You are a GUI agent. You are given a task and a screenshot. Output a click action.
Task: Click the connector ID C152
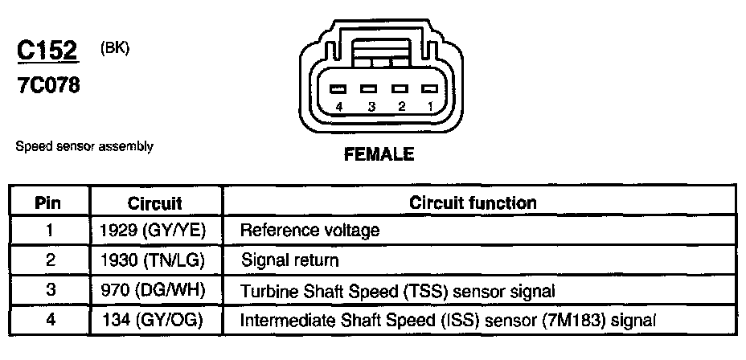47,51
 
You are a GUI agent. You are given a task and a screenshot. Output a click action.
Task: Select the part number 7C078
48,85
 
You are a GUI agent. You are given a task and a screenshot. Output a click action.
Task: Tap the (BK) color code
115,48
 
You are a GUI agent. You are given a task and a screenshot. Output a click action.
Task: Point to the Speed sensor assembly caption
84,147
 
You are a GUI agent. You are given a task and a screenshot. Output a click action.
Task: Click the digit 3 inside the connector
371,106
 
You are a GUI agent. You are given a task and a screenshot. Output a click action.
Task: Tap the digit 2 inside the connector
400,106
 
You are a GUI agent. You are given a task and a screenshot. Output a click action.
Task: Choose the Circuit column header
155,203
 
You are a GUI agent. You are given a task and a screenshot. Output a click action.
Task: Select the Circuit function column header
473,202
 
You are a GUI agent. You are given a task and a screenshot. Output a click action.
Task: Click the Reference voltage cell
310,231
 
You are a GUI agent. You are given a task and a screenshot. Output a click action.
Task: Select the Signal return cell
290,260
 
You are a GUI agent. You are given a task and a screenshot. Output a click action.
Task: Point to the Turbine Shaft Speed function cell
398,290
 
